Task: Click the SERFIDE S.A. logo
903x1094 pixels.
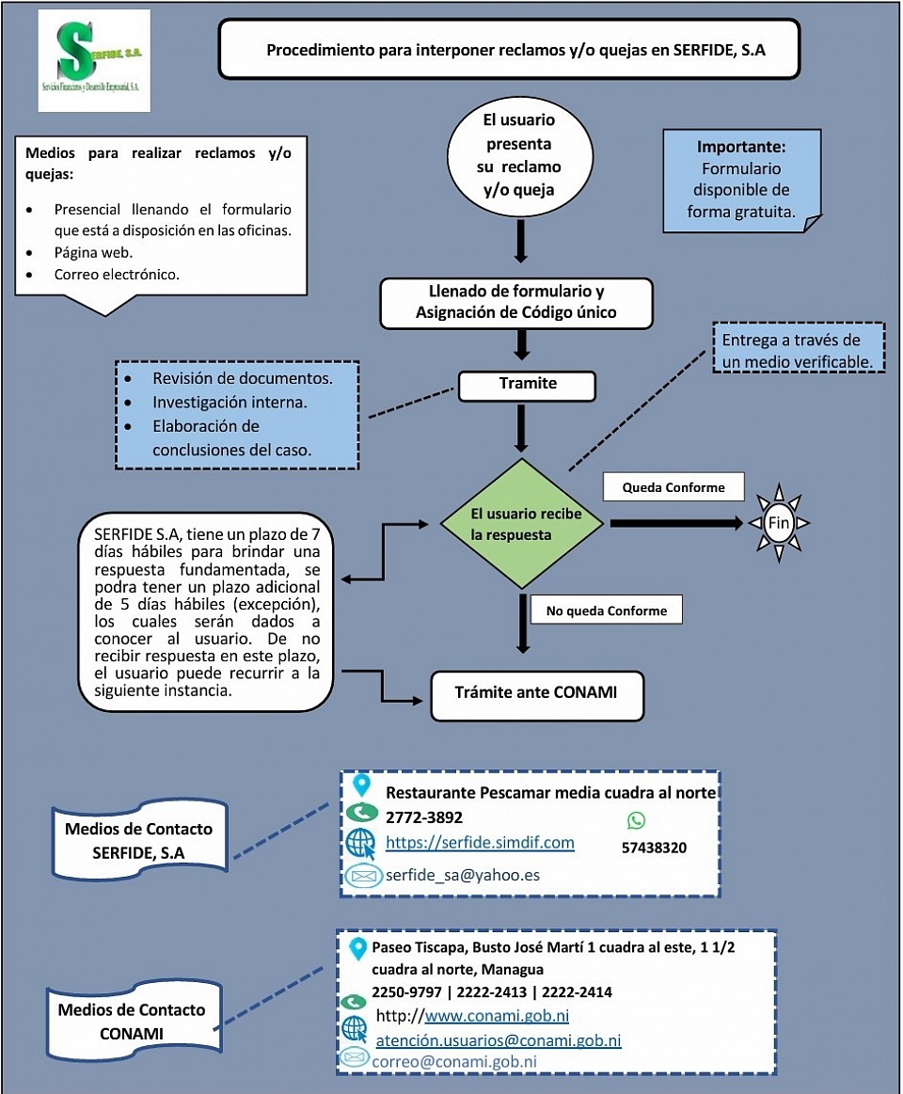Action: click(94, 61)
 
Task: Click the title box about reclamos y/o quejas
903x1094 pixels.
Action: click(510, 50)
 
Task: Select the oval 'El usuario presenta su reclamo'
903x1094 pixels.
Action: click(519, 154)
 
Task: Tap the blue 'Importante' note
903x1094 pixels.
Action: click(742, 180)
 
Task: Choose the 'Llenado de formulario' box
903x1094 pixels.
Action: click(516, 302)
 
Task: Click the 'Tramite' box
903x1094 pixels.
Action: click(528, 386)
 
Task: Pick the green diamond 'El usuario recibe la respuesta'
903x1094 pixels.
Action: click(522, 523)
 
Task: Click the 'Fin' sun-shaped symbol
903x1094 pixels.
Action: click(779, 523)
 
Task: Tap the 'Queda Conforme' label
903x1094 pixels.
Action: click(673, 487)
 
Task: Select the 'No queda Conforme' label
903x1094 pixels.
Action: click(607, 610)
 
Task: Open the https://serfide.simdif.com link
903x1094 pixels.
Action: click(480, 842)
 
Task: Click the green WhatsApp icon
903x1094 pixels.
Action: click(636, 820)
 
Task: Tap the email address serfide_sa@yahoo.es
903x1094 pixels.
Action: click(463, 875)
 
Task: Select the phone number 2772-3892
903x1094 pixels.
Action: click(424, 817)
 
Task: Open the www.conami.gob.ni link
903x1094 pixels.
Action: click(497, 1015)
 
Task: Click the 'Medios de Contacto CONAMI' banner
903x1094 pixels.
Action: click(134, 1021)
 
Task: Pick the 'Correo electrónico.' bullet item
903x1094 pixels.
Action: click(117, 274)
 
